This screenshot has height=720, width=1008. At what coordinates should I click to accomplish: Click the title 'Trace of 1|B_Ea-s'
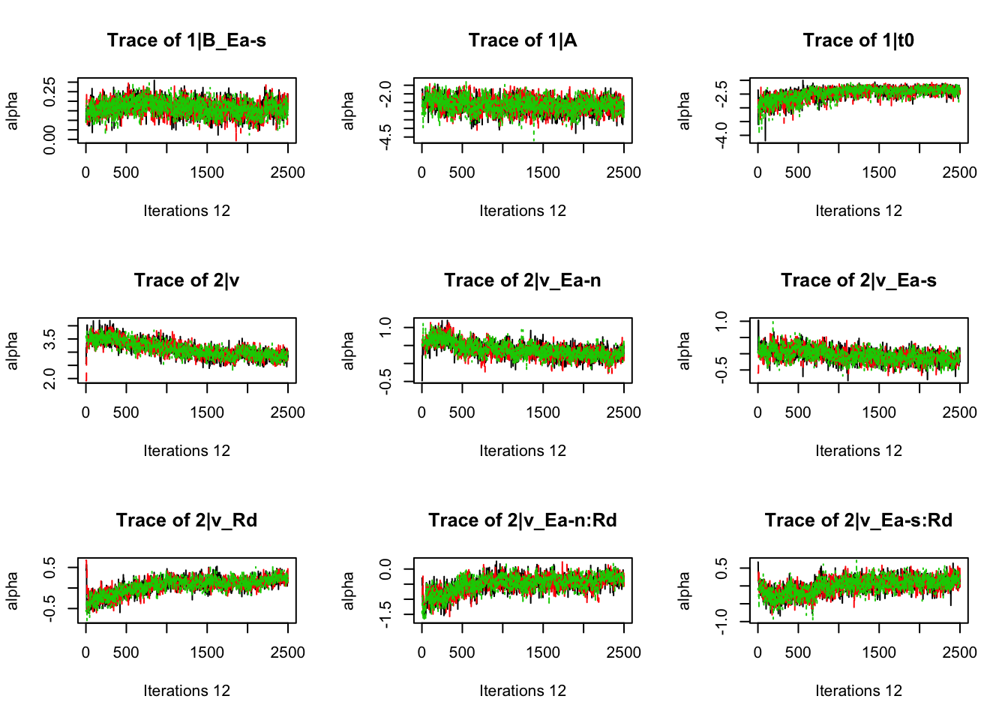[x=186, y=40]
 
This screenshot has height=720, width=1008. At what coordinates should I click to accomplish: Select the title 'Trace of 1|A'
[x=523, y=40]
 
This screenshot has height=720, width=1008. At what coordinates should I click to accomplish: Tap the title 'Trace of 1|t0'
[x=858, y=40]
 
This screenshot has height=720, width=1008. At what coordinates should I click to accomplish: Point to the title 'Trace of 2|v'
[x=186, y=280]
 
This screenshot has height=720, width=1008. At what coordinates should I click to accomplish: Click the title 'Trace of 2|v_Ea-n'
[x=523, y=280]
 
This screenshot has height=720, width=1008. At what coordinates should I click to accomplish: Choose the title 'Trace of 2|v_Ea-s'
[x=858, y=280]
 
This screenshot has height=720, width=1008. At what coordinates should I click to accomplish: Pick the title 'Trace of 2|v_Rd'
[x=186, y=520]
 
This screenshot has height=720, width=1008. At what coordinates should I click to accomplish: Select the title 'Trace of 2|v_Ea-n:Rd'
[x=523, y=520]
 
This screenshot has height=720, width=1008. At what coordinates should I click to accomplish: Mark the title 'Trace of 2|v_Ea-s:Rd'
[x=858, y=520]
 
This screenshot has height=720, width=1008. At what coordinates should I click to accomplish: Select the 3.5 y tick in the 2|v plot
[x=49, y=339]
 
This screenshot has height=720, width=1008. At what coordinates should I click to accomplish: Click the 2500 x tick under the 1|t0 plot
[x=959, y=172]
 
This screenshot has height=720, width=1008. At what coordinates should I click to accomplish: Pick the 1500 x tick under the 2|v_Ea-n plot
[x=542, y=412]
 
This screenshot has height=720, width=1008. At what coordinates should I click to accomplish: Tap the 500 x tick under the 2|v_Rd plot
[x=126, y=652]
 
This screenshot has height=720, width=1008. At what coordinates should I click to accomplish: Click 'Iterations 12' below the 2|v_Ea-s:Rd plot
[x=858, y=691]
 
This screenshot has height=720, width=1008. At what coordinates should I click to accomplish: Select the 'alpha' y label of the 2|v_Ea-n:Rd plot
[x=348, y=590]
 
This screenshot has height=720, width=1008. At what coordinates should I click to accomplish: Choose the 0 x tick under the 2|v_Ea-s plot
[x=757, y=412]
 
